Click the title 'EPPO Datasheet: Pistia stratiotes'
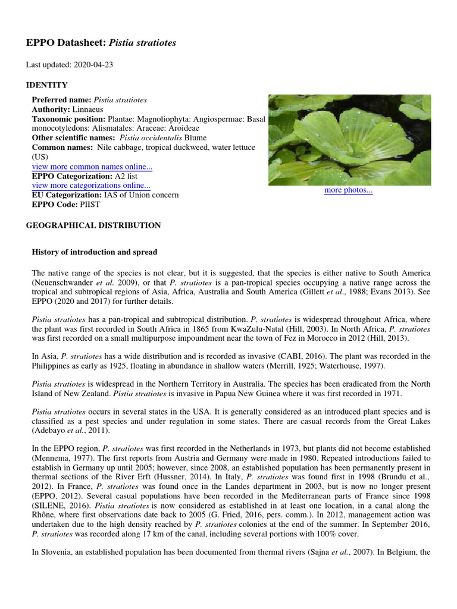pos(101,43)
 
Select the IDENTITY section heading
pos(47,85)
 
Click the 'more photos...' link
pos(348,190)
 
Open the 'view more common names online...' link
pos(92,167)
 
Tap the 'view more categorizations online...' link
pos(90,186)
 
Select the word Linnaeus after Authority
pos(88,109)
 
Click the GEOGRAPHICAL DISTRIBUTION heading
pos(93,225)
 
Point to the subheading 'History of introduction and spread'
pos(94,252)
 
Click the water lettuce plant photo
pos(349,139)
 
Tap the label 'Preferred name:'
pos(61,100)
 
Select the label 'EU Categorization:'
pos(67,195)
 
